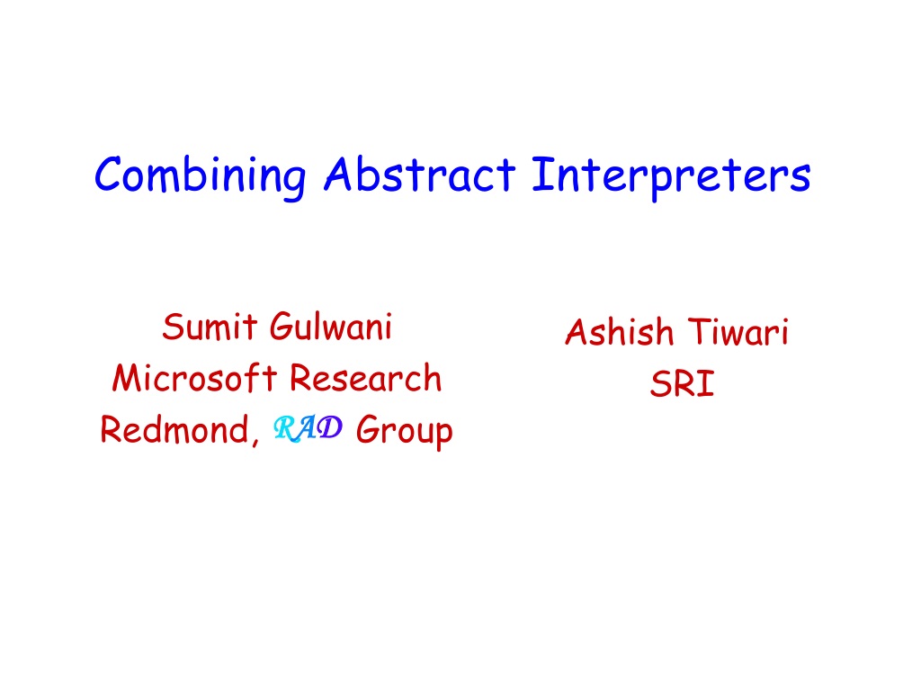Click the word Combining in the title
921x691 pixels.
point(200,176)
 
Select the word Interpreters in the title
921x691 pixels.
point(671,176)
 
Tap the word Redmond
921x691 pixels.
point(174,429)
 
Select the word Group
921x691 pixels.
point(404,431)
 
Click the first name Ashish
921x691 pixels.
point(619,331)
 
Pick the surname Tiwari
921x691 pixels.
point(738,331)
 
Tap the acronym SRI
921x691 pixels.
point(682,383)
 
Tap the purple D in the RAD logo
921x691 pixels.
point(330,426)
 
